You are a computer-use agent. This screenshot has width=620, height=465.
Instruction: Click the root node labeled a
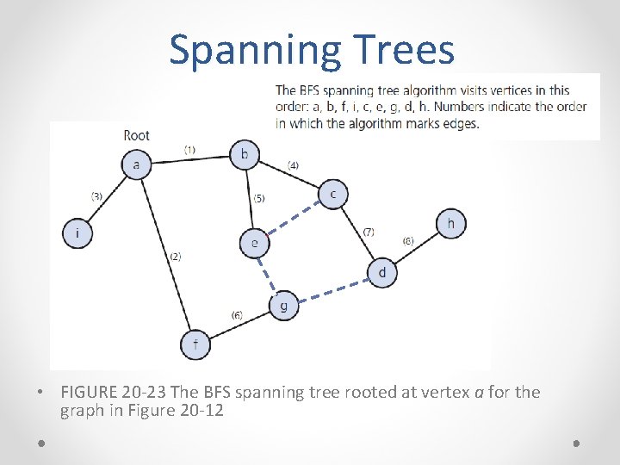[136, 164]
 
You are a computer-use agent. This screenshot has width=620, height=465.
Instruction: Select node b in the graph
[245, 155]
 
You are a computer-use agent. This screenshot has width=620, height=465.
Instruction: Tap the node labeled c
[333, 195]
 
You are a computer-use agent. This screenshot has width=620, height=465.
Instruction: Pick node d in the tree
[382, 273]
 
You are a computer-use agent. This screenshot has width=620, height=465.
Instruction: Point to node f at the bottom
[195, 344]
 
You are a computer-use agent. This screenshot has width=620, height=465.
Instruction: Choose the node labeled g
[283, 305]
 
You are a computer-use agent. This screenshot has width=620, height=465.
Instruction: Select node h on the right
[450, 224]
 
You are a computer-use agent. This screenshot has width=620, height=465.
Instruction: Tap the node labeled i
[77, 233]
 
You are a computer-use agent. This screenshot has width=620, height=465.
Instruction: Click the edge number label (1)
[189, 150]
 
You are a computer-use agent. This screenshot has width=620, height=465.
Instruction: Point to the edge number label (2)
[175, 257]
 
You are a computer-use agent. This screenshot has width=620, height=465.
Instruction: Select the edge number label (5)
[258, 198]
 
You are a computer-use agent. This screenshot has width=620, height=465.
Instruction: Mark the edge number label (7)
[368, 232]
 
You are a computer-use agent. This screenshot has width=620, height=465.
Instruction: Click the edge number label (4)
[293, 164]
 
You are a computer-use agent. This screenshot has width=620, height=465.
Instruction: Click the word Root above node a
[136, 135]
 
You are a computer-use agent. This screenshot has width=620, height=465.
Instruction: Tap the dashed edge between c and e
[294, 219]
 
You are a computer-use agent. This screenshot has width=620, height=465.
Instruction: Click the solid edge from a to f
[166, 255]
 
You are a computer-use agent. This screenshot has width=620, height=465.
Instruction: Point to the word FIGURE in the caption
[95, 393]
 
